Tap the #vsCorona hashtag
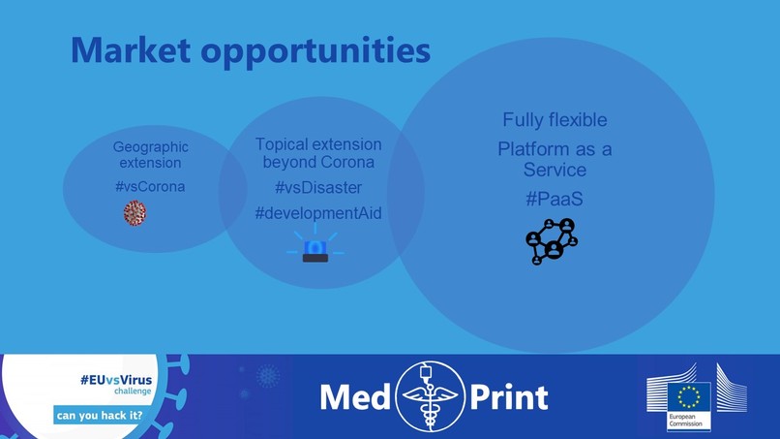pos(150,185)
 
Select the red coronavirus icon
pos(135,212)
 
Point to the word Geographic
pos(151,147)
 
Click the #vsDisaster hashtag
pos(318,187)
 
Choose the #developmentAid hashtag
pos(318,212)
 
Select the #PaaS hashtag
pos(555,198)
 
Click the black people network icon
pos(551,241)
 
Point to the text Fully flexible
pos(555,120)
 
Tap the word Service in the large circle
pos(555,170)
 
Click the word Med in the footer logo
pos(355,396)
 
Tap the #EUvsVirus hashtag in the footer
pos(116,381)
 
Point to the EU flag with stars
pos(688,397)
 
